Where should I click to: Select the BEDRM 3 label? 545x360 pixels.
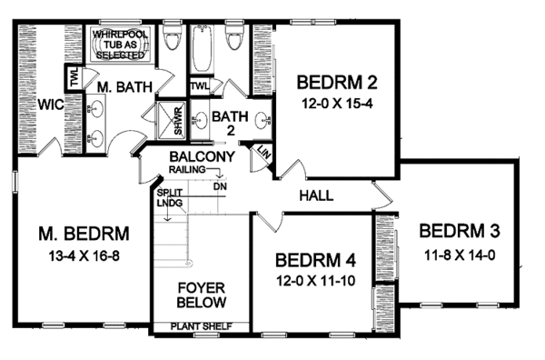click(458, 229)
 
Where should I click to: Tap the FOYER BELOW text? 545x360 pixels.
click(201, 295)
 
